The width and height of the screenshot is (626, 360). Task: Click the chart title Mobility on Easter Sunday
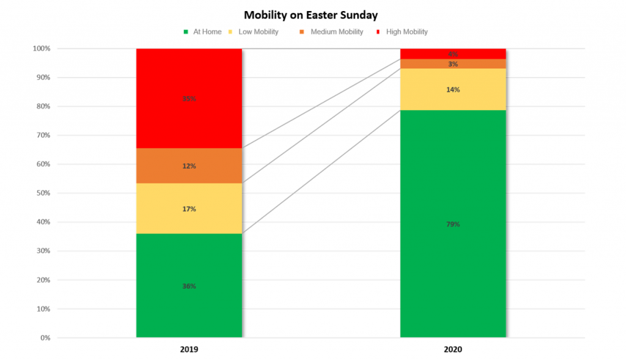pyautogui.click(x=311, y=14)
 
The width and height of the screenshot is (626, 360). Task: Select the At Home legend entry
pyautogui.click(x=205, y=32)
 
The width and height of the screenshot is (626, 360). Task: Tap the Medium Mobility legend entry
pyautogui.click(x=336, y=32)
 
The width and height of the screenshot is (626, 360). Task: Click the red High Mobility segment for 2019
pyautogui.click(x=189, y=98)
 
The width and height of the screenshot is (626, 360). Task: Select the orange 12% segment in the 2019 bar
pyautogui.click(x=189, y=166)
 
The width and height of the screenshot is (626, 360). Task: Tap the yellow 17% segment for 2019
pyautogui.click(x=189, y=209)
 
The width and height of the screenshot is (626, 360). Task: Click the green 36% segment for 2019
pyautogui.click(x=189, y=285)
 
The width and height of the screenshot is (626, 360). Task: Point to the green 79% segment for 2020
pyautogui.click(x=453, y=224)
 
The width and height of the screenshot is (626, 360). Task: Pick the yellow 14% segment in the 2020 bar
pyautogui.click(x=453, y=89)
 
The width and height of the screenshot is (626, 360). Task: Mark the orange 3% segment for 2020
pyautogui.click(x=453, y=64)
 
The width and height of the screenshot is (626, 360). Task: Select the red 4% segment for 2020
pyautogui.click(x=453, y=54)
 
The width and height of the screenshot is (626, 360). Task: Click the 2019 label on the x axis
pyautogui.click(x=189, y=350)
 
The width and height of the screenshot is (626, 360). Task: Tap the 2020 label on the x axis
pyautogui.click(x=453, y=350)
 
